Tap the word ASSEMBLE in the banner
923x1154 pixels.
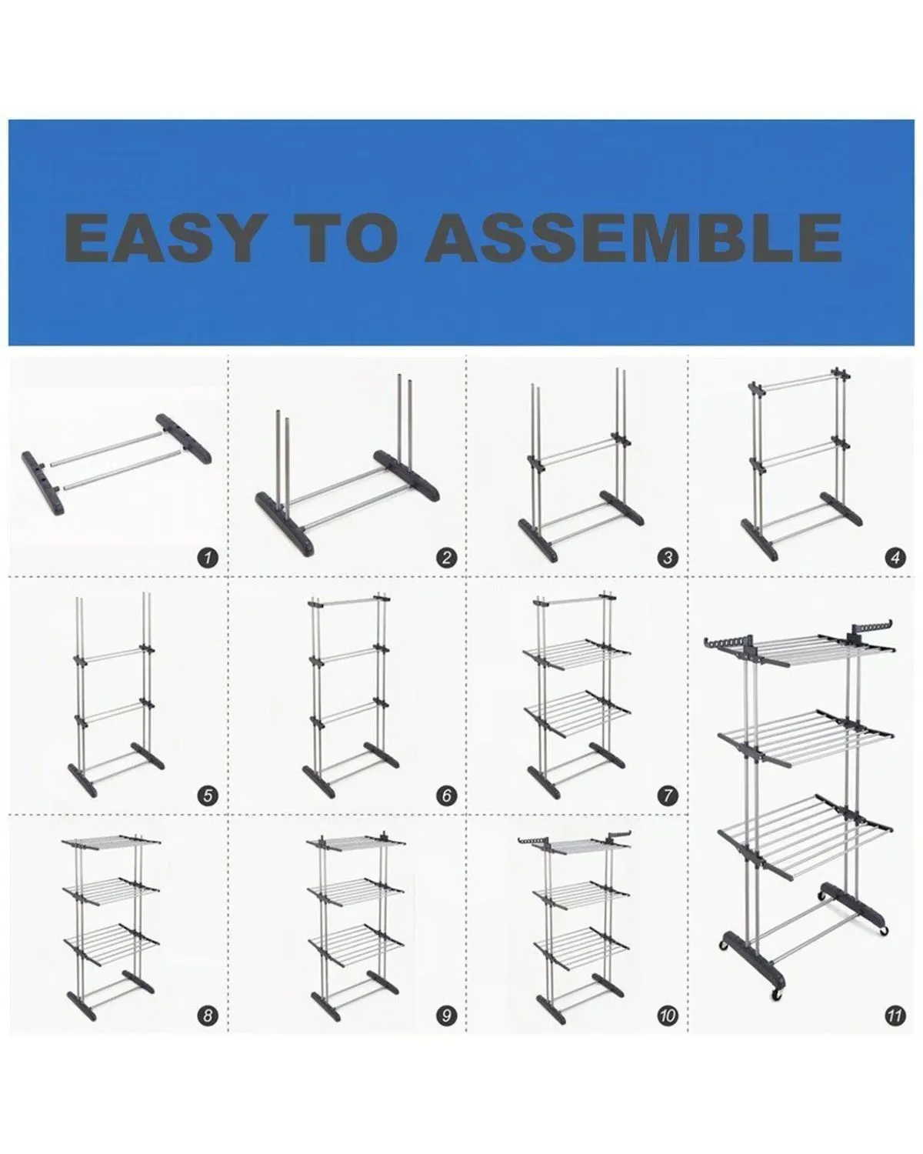[x=633, y=238]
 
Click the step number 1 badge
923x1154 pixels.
[x=208, y=559]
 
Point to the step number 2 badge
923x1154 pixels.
[x=446, y=559]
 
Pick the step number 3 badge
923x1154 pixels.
[x=668, y=559]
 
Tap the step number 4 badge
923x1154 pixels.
[x=895, y=559]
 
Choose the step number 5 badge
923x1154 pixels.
[x=208, y=795]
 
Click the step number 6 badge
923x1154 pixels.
[x=446, y=795]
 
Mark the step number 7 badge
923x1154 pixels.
[x=668, y=795]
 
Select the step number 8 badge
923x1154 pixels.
[x=208, y=1016]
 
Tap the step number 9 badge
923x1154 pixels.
[x=446, y=1016]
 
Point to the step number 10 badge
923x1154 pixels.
[x=668, y=1016]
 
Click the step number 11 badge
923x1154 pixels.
[x=895, y=1016]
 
